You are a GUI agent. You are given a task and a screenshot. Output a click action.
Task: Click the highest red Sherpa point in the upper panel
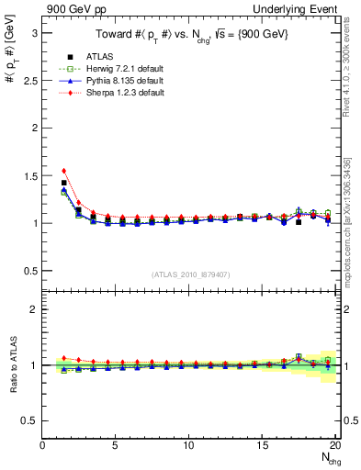tap(63, 171)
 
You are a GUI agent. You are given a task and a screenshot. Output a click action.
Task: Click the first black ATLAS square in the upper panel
tap(63, 183)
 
